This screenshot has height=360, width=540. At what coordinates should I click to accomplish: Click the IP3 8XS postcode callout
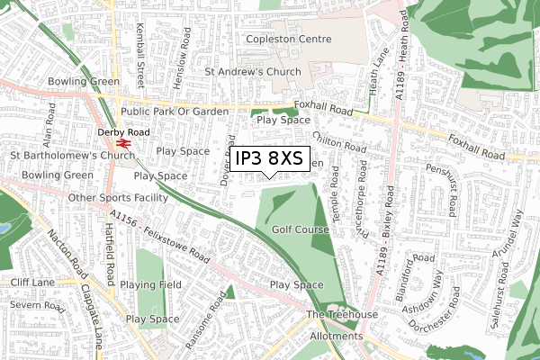click(x=269, y=158)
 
